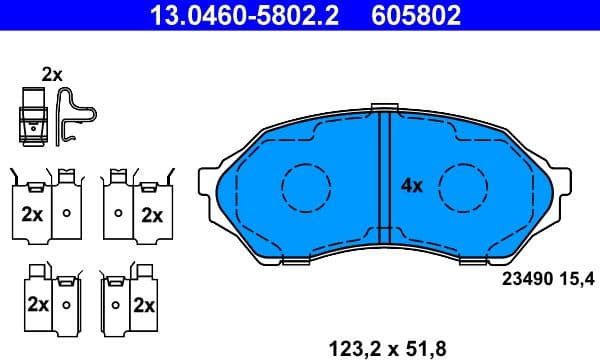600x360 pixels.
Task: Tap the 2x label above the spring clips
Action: tap(51, 74)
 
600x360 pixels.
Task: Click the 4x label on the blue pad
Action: tap(412, 185)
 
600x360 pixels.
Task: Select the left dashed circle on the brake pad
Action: tap(306, 186)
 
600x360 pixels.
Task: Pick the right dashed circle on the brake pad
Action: tap(463, 186)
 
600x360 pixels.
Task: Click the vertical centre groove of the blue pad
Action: tap(385, 186)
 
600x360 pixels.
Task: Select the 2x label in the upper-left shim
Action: tap(31, 213)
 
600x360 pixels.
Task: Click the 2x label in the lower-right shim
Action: tap(143, 304)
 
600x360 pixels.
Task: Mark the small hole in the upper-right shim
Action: tap(119, 213)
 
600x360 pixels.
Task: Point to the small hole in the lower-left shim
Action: tap(66, 304)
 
